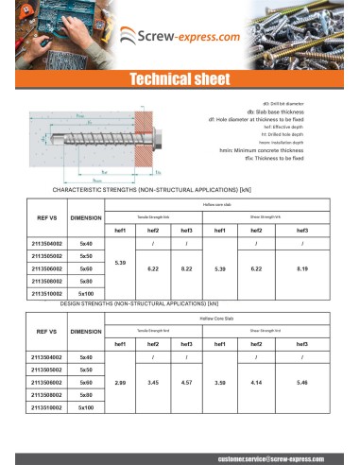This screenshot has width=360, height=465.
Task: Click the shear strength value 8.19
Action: tap(302, 269)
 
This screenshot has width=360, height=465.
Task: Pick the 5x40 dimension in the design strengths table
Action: tap(86, 356)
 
